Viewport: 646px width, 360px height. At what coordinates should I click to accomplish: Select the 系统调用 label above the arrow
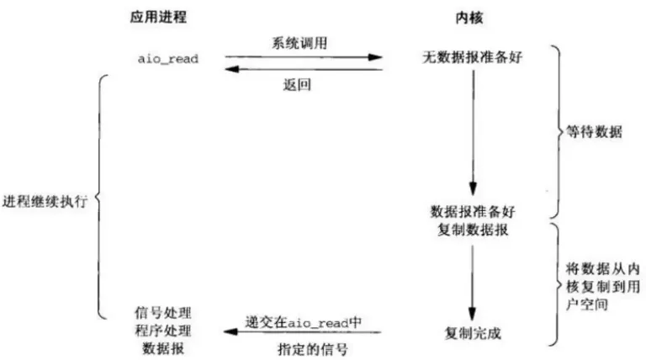[x=296, y=43]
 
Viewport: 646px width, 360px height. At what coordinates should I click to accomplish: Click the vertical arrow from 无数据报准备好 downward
[x=474, y=135]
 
